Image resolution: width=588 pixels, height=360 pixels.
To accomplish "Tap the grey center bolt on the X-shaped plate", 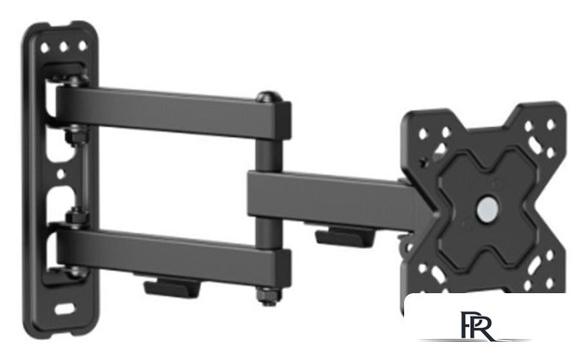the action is [x=488, y=206].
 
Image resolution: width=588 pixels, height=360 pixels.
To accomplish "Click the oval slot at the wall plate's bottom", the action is [x=64, y=309].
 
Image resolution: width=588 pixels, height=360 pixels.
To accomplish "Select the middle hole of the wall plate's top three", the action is [x=63, y=47].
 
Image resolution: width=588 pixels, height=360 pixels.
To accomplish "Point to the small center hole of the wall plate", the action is [x=61, y=174].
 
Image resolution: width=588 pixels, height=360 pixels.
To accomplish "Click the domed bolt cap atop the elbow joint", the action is [x=269, y=97].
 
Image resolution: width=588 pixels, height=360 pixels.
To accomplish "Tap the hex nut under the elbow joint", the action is [x=269, y=297].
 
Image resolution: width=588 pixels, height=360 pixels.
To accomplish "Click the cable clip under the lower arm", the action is [x=173, y=287].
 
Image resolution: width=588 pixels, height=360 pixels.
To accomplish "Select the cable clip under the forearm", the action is [x=345, y=237].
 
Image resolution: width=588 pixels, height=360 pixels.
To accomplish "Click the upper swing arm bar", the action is [x=173, y=112].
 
